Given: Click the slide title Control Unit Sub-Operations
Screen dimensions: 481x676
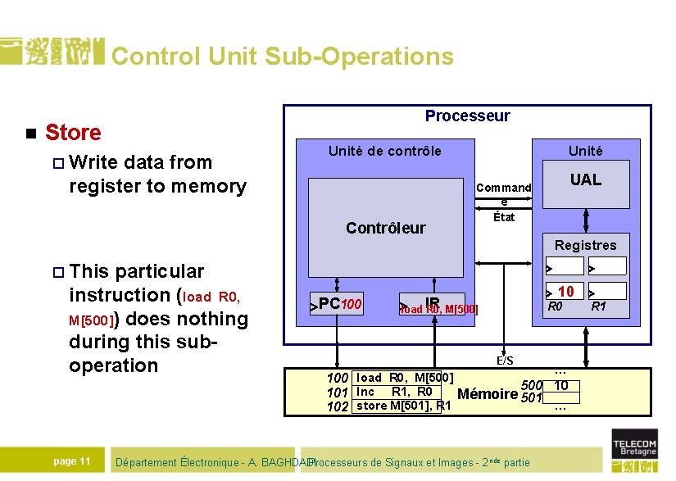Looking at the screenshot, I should click(x=282, y=57).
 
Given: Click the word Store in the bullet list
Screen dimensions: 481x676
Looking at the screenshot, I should click(x=73, y=132).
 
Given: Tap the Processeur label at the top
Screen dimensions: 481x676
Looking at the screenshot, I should click(x=467, y=116).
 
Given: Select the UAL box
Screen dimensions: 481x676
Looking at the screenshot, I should click(x=585, y=180).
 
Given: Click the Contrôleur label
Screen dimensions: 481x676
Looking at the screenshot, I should click(x=385, y=228).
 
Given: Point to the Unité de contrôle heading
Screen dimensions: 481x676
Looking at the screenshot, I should click(x=384, y=151).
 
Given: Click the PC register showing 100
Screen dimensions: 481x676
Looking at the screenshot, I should click(x=339, y=305).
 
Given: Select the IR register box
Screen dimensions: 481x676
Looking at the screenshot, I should click(x=433, y=303).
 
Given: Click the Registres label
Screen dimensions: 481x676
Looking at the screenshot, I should click(x=585, y=245).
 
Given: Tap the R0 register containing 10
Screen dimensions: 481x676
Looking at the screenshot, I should click(x=565, y=292).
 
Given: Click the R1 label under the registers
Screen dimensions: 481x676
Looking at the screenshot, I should click(x=598, y=307).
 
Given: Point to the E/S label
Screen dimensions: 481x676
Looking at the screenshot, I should click(x=505, y=361).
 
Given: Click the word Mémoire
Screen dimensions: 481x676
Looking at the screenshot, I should click(x=488, y=394).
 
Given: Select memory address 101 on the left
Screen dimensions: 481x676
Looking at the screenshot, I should click(x=337, y=393).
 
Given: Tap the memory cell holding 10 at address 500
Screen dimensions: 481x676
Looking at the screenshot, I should click(x=561, y=386).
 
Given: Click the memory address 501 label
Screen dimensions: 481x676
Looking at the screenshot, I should click(x=532, y=400).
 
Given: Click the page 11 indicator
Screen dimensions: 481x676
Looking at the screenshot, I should click(x=71, y=461).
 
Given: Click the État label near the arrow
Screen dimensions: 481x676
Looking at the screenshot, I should click(x=504, y=217).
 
